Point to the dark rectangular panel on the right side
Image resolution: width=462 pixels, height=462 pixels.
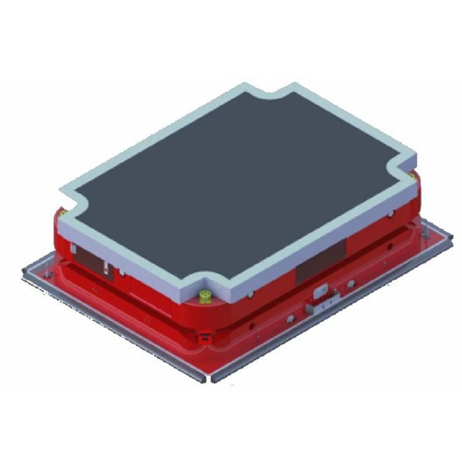pyautogui.click(x=320, y=261)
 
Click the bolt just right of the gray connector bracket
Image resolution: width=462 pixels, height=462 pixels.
pyautogui.click(x=351, y=284)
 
